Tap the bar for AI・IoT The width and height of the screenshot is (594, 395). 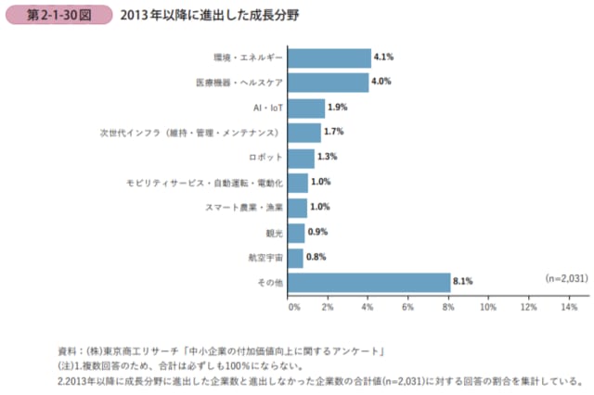[x=307, y=108]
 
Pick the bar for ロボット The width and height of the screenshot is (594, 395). [x=302, y=158]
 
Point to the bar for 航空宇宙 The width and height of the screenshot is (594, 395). [x=296, y=257]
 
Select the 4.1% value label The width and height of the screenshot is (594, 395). [x=384, y=57]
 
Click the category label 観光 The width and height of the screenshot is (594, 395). [x=272, y=232]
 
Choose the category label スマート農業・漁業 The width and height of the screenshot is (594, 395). [x=243, y=207]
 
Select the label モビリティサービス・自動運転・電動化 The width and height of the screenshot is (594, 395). [x=204, y=183]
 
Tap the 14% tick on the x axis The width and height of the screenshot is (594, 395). [x=570, y=306]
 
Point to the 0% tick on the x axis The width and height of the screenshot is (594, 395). [x=293, y=306]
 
